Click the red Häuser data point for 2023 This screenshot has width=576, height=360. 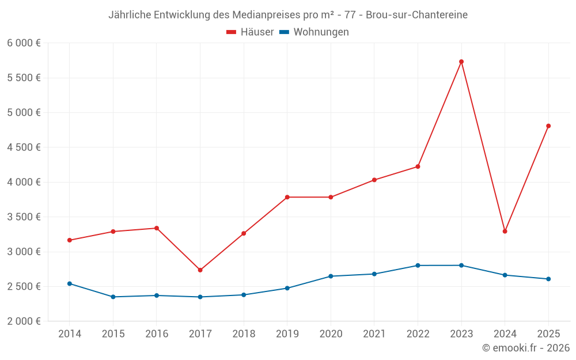pyautogui.click(x=461, y=62)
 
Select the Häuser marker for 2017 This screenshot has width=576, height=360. pyautogui.click(x=200, y=270)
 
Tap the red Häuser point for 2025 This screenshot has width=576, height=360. pyautogui.click(x=548, y=126)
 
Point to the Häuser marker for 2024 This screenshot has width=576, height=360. pyautogui.click(x=505, y=232)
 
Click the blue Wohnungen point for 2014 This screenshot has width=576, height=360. pyautogui.click(x=70, y=283)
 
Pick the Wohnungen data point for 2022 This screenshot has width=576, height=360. pyautogui.click(x=418, y=266)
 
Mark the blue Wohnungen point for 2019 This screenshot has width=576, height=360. pyautogui.click(x=287, y=288)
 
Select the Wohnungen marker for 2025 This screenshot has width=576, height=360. pyautogui.click(x=548, y=279)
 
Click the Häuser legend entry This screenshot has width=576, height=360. pyautogui.click(x=250, y=32)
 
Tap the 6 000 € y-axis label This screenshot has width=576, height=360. pyautogui.click(x=24, y=43)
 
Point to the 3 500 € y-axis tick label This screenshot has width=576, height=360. pyautogui.click(x=24, y=217)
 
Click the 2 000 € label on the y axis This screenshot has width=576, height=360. pyautogui.click(x=24, y=321)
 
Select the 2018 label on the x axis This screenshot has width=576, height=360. pyautogui.click(x=244, y=334)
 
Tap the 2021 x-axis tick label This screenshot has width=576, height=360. pyautogui.click(x=374, y=334)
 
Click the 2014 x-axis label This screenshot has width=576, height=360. pyautogui.click(x=70, y=334)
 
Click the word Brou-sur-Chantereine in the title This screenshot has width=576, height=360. pyautogui.click(x=416, y=14)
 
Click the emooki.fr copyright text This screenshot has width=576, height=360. pyautogui.click(x=525, y=348)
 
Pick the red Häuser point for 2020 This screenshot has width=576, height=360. pyautogui.click(x=331, y=197)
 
